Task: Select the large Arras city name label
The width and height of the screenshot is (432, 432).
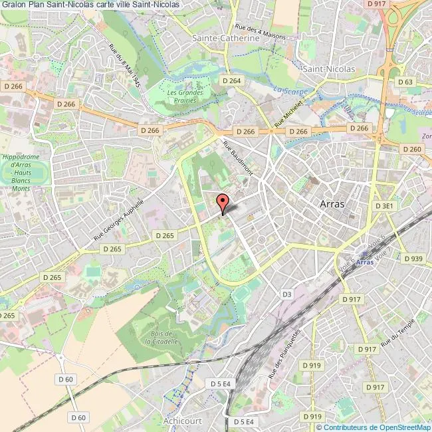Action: (x=332, y=204)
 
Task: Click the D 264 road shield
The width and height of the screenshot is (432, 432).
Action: (x=231, y=81)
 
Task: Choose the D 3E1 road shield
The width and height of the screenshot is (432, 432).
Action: (x=385, y=206)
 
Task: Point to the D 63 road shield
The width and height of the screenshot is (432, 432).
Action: (x=405, y=82)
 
